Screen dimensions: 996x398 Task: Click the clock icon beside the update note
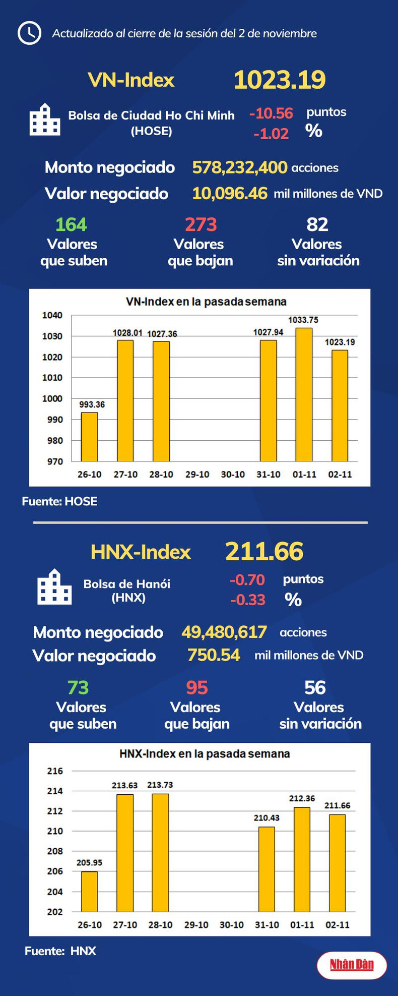point(29,33)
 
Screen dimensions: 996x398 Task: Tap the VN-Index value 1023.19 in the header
point(280,80)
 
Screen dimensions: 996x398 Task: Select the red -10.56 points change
point(271,113)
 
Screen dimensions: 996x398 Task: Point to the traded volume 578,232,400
point(240,167)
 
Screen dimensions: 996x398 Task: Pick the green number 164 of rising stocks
point(71,224)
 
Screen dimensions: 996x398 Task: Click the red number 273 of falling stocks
point(201,224)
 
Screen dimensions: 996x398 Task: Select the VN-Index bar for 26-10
point(90,437)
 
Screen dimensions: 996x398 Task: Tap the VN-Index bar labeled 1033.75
point(304,394)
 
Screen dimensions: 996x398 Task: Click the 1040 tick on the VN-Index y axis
point(52,316)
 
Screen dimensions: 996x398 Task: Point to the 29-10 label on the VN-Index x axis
point(197,475)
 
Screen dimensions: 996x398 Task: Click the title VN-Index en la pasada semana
point(206,302)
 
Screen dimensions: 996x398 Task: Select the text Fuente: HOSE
point(59,501)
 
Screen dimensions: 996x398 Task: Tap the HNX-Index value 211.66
point(264,551)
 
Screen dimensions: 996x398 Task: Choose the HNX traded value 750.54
point(214,655)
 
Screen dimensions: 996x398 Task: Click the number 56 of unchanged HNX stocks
point(315,688)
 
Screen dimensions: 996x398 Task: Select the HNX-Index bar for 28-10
point(161,852)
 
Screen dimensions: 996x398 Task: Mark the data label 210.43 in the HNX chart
point(267,818)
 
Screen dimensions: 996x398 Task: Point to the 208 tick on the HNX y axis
point(55,851)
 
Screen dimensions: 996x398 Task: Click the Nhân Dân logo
point(352,965)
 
